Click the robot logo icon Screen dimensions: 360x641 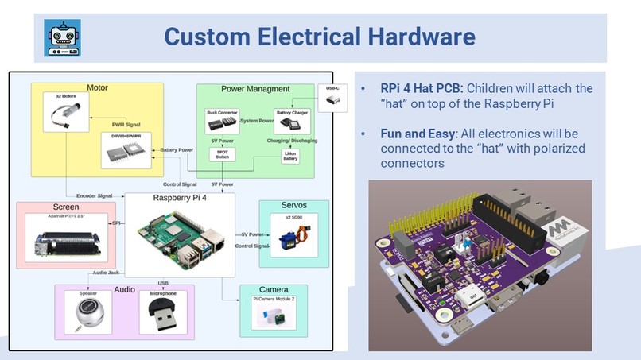(x=61, y=37)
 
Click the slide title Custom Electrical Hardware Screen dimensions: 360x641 (x=319, y=37)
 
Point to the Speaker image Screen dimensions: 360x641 (x=87, y=313)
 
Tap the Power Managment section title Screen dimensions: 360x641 (x=255, y=89)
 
